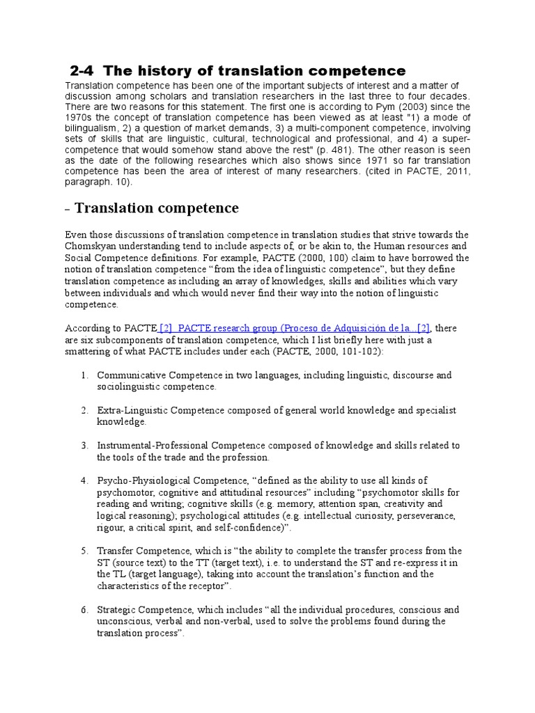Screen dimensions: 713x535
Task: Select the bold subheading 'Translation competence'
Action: [x=156, y=208]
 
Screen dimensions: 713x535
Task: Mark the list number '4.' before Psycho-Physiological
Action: [x=84, y=480]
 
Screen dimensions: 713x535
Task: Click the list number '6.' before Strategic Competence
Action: [x=84, y=609]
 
